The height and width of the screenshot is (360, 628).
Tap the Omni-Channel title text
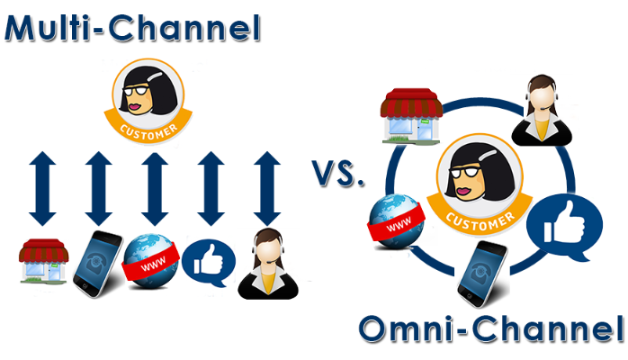(x=492, y=328)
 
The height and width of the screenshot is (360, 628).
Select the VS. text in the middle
(x=338, y=174)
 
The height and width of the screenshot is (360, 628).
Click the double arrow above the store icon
(x=42, y=188)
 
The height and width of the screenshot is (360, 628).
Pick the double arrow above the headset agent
(x=267, y=188)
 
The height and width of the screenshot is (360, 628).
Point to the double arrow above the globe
(x=155, y=188)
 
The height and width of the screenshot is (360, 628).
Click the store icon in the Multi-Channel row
(x=43, y=262)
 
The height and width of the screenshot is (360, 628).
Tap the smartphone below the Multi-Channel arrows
(x=98, y=264)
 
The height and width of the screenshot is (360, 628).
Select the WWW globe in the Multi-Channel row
(x=151, y=261)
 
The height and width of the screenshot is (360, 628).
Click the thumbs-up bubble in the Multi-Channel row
(x=209, y=263)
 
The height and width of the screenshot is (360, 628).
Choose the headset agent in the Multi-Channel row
(x=268, y=264)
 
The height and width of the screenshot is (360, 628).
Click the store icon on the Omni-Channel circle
(x=411, y=116)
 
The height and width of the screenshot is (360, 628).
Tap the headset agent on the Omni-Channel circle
(x=542, y=110)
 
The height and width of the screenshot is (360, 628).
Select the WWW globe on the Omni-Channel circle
(x=396, y=221)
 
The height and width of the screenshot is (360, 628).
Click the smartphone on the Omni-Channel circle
(x=482, y=274)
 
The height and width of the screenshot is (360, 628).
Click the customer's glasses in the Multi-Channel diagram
(x=135, y=91)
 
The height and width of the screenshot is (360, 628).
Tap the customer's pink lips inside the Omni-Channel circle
(x=463, y=191)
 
